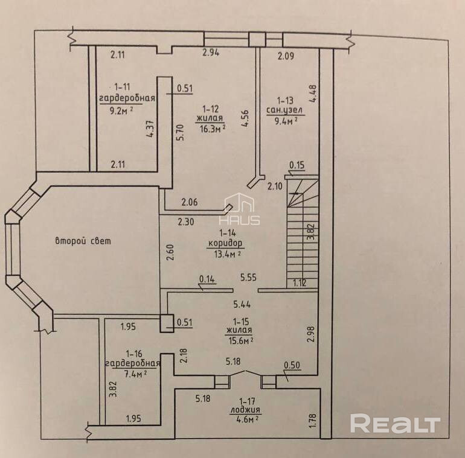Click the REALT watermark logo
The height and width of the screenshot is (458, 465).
tap(395, 424)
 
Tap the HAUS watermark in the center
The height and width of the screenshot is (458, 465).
tap(242, 211)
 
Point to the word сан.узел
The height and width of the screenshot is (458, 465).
tap(286, 110)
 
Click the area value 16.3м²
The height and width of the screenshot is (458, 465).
tap(211, 128)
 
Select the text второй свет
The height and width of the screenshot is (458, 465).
tap(83, 241)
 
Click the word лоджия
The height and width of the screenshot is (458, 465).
tap(245, 409)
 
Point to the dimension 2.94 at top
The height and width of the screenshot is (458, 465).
tap(211, 53)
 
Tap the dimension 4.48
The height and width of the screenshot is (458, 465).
tap(312, 94)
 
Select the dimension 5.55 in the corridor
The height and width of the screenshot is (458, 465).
tap(248, 278)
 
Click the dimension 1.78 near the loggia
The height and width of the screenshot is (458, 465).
tap(312, 420)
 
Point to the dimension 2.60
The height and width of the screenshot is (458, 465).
tap(170, 251)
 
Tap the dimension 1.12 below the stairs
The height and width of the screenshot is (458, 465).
tap(300, 282)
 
